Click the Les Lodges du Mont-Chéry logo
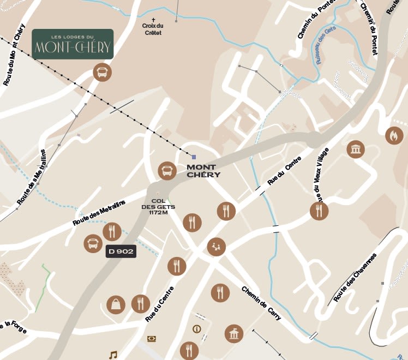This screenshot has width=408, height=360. pos(73,44)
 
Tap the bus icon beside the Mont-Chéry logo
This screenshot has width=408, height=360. pos(102,72)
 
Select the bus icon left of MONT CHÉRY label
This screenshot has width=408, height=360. pos(167,171)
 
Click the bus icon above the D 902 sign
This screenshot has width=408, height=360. pos(93,243)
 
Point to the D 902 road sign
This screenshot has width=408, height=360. pos(121,251)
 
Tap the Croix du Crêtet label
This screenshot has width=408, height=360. pos(153,29)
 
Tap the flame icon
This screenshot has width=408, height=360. pos(394,135)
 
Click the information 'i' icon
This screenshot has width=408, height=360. pos(197,329)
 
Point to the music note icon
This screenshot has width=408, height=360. pos(113,355)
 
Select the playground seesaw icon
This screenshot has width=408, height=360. pos(217,247)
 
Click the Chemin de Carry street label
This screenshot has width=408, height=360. pos(261,303)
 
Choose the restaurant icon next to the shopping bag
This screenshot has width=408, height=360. pos(140,303)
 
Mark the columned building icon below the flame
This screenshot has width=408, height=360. pos(356,149)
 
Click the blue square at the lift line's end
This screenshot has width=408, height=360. pos(194,157)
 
